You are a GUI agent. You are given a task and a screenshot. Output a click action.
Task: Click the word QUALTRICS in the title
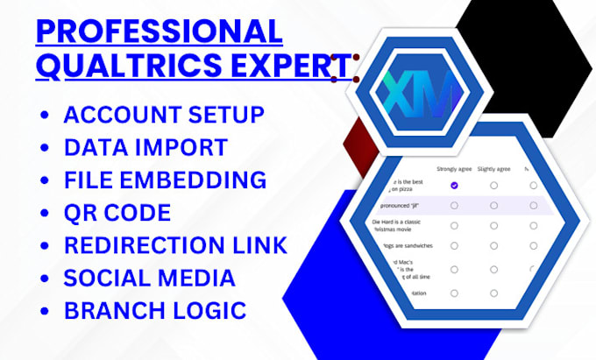coord(114,65)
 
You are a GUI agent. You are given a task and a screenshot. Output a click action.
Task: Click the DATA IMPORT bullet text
coord(145,147)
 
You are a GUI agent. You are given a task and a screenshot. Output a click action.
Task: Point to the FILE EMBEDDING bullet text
coord(165,180)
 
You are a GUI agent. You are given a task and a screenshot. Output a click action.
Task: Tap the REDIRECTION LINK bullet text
coord(175,245)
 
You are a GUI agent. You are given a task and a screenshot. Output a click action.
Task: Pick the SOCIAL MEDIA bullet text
coord(149,279)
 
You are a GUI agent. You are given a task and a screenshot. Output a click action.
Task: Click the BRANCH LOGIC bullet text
coord(155,311)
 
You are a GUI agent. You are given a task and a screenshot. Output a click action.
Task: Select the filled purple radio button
coord(453,186)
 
